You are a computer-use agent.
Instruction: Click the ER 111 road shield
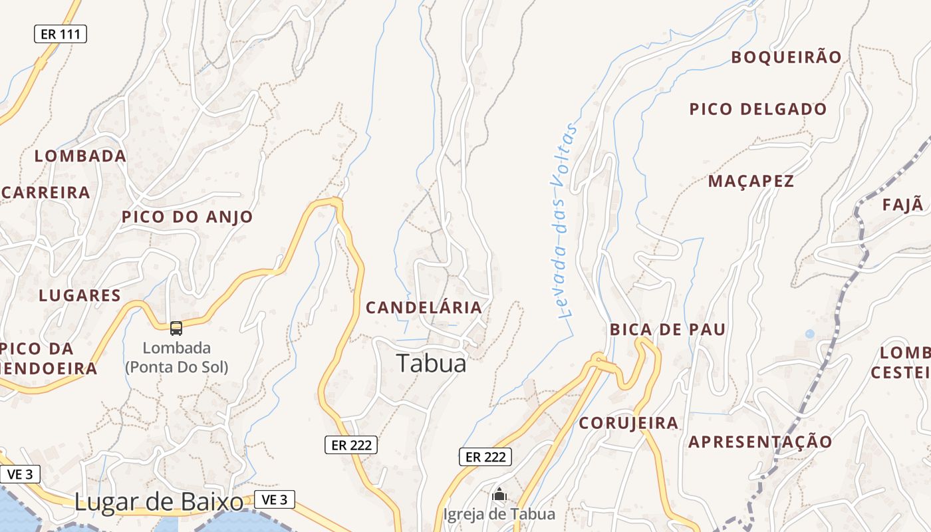(61, 34)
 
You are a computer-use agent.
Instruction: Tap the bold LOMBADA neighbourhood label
(80, 156)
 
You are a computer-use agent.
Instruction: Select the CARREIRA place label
(46, 193)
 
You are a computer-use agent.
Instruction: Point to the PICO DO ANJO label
(188, 217)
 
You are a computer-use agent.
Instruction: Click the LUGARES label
(80, 296)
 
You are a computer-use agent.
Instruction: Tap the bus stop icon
(176, 328)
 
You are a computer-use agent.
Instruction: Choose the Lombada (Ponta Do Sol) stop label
(177, 357)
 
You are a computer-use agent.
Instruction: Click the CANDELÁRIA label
(424, 307)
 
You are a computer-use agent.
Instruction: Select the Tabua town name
(432, 363)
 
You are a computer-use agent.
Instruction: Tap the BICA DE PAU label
(668, 330)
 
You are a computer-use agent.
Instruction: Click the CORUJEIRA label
(628, 423)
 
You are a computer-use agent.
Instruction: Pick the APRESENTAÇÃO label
(760, 442)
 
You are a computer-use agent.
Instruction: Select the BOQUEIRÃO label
(787, 57)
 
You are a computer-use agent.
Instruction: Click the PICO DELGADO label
(758, 109)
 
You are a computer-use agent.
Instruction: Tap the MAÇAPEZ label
(751, 181)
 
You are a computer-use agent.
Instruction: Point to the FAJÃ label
(903, 205)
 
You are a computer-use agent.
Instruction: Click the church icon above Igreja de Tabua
(499, 495)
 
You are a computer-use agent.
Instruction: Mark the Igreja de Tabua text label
(499, 514)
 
